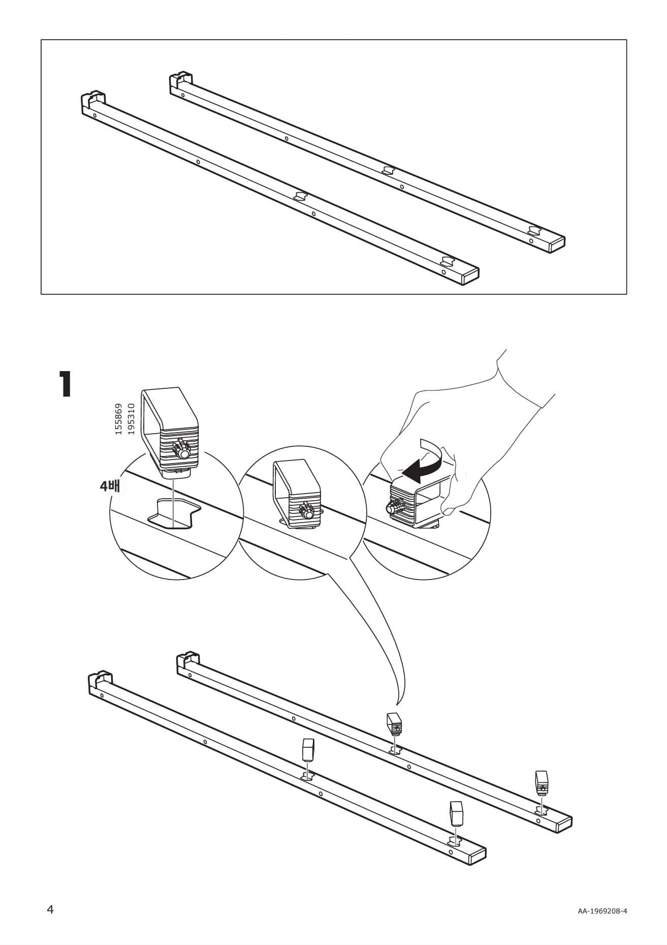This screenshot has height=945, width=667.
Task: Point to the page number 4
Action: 50,909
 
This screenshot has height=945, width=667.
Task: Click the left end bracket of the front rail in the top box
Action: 93,101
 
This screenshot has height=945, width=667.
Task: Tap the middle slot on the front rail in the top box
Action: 300,196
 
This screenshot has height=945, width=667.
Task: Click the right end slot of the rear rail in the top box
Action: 535,230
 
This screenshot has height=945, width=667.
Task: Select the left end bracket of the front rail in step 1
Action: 100,680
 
